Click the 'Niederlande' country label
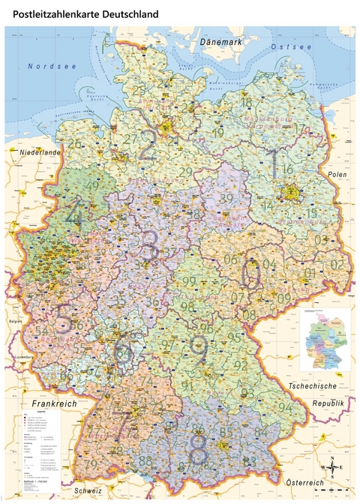click(x=34, y=151)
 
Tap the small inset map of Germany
click(x=327, y=339)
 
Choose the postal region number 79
click(x=91, y=464)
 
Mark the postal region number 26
click(x=73, y=144)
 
